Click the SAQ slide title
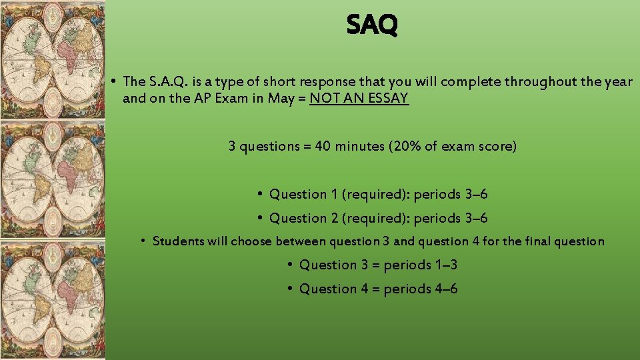click(372, 25)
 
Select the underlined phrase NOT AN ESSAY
click(359, 99)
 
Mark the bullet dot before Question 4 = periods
click(290, 289)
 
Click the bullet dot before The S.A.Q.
click(115, 81)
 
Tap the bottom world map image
click(52, 300)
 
